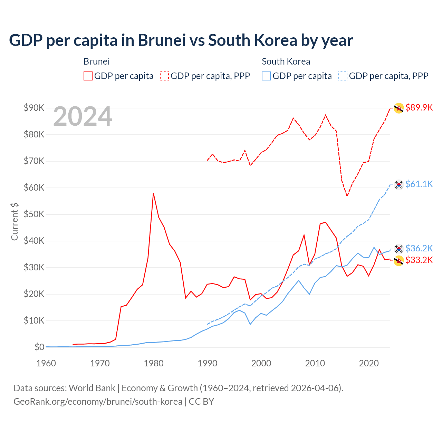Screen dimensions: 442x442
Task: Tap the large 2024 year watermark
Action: pos(83,116)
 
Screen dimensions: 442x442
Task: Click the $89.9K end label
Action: pos(419,107)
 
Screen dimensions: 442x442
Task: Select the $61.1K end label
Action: pos(419,184)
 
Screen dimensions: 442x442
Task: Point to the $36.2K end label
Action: pos(419,248)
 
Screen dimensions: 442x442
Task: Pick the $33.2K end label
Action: pos(419,260)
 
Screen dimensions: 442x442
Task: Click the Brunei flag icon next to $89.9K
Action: pos(399,108)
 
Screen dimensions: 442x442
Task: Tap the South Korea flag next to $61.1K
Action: pos(399,185)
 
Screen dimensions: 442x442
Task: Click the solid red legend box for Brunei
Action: pos(88,76)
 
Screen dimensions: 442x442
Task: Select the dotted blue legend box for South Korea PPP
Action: pos(343,76)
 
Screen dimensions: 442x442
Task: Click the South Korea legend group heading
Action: pos(286,61)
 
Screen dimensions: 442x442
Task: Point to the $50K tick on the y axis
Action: pos(34,214)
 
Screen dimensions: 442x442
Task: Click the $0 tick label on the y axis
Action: pos(39,347)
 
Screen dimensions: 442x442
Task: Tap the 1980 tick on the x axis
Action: pos(154,363)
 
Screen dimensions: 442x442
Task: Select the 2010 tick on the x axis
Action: pos(315,363)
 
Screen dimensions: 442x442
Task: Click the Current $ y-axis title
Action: pos(15,221)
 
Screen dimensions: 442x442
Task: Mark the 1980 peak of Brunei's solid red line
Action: pos(153,193)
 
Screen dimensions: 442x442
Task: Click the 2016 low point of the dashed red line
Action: pos(347,196)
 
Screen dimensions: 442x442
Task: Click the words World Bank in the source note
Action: pos(92,388)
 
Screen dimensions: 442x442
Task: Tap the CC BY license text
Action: pos(201,402)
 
